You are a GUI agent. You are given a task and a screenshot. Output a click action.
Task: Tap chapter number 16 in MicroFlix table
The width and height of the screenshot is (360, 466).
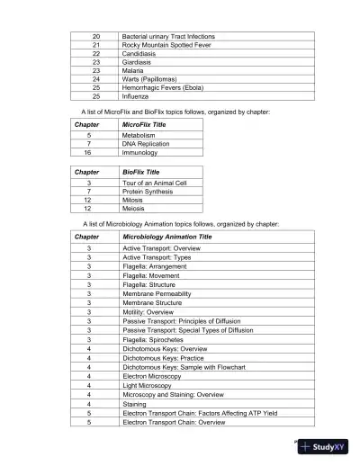click(x=87, y=153)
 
